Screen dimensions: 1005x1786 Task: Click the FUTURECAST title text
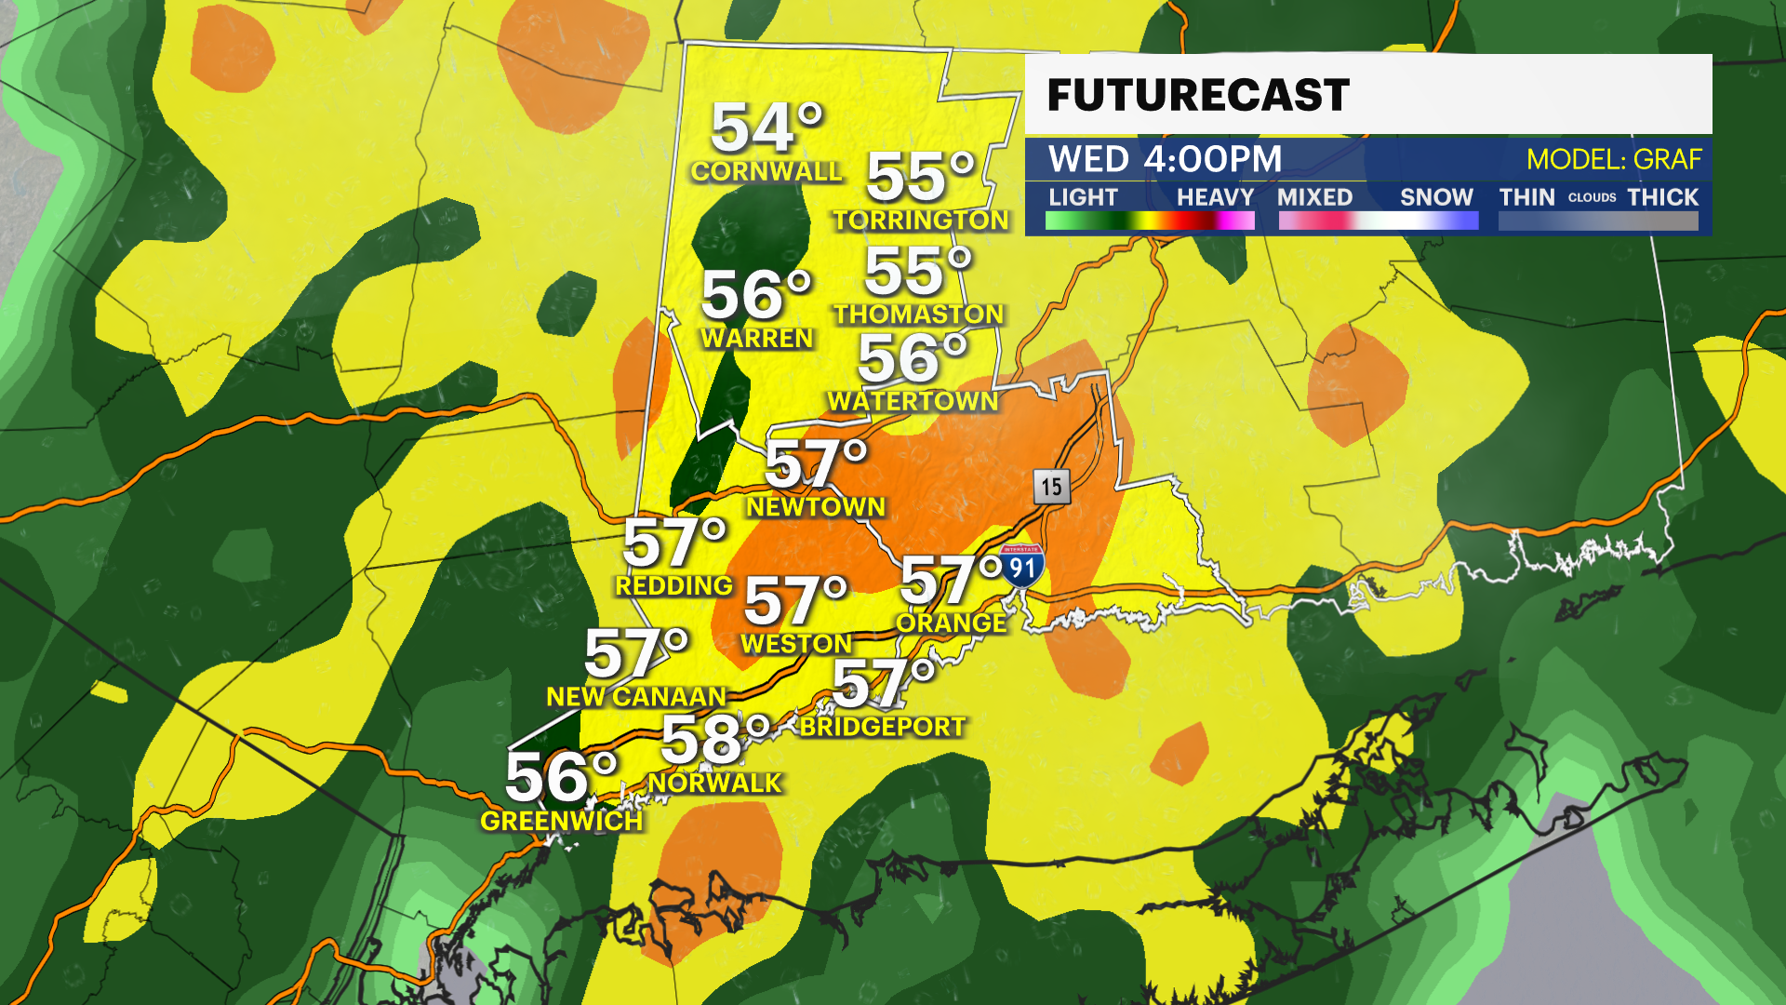coord(1197,95)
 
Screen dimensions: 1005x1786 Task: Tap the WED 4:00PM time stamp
coord(1165,159)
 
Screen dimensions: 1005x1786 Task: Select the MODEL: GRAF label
coord(1613,159)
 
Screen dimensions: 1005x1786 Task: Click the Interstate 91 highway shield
coord(1022,566)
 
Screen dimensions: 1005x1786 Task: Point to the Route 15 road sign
coord(1051,486)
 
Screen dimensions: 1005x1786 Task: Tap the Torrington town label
coord(920,220)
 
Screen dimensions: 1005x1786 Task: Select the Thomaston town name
coord(918,315)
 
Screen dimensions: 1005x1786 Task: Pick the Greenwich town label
coord(561,821)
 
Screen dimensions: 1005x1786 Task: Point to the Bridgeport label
coord(882,727)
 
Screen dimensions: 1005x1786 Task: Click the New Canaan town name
coord(635,696)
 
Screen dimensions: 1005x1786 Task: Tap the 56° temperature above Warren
coord(755,295)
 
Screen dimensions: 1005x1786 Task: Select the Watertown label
coord(913,401)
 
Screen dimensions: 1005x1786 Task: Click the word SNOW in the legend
coord(1436,197)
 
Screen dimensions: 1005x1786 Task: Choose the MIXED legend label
coord(1314,197)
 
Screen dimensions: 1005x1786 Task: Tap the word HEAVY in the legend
coord(1215,197)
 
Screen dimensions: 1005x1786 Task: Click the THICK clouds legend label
coord(1662,197)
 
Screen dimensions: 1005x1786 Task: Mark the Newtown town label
coord(816,507)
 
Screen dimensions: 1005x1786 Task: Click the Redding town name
coord(673,585)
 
